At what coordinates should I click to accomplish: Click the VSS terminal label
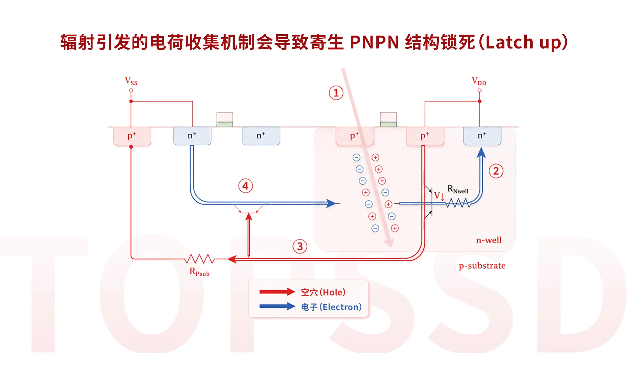131,81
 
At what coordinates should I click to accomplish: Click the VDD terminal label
479,81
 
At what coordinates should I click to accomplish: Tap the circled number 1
336,93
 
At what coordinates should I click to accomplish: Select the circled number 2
496,171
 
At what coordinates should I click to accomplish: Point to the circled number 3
300,246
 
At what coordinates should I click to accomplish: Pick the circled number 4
246,186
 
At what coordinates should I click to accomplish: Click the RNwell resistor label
458,189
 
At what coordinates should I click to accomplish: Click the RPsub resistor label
200,272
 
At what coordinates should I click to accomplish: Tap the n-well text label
489,240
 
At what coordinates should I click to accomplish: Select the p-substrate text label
482,266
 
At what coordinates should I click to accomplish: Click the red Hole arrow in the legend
277,292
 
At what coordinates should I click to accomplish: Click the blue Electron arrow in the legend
277,306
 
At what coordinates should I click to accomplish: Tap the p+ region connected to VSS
132,136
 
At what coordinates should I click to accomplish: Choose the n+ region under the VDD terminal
482,136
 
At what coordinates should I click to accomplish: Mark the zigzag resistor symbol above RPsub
200,259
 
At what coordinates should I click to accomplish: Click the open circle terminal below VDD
479,90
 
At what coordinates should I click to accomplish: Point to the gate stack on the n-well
388,120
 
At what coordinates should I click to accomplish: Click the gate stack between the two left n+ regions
225,120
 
